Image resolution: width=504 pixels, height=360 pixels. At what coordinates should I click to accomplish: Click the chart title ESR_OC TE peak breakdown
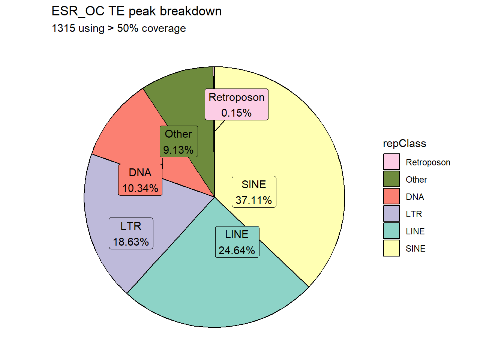click(x=136, y=11)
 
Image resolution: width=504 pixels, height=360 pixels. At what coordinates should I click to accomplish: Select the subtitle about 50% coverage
click(x=119, y=28)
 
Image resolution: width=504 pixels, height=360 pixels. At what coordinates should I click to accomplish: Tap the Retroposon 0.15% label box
click(x=237, y=104)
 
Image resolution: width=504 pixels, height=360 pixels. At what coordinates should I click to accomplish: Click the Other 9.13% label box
click(x=179, y=141)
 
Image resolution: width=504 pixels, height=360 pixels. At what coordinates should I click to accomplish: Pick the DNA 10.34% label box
click(x=140, y=180)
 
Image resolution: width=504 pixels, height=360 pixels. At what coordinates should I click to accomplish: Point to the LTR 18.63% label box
click(x=131, y=233)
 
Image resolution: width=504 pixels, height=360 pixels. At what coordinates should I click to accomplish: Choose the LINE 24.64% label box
click(x=237, y=242)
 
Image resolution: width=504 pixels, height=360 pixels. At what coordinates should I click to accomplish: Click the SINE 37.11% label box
click(x=254, y=192)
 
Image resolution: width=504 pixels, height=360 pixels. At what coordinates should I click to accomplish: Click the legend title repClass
click(x=405, y=144)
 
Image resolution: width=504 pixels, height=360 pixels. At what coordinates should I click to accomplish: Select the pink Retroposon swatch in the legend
click(x=391, y=162)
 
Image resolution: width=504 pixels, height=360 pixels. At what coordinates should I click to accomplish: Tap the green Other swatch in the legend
click(x=391, y=179)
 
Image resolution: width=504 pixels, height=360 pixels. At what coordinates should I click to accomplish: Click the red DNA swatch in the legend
click(x=391, y=196)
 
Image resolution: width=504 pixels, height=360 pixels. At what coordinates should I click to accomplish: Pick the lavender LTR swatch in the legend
click(x=391, y=213)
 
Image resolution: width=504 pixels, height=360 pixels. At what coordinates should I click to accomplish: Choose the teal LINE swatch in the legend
click(x=391, y=231)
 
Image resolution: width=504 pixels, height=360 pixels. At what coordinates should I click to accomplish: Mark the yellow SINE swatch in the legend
click(x=391, y=248)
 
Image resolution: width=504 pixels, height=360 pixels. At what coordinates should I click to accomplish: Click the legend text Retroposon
click(x=428, y=162)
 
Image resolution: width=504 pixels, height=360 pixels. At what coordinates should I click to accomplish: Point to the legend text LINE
click(x=415, y=231)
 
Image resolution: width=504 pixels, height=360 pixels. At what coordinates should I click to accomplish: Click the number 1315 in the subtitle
click(x=63, y=28)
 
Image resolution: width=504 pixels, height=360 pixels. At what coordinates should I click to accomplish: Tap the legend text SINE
click(x=415, y=249)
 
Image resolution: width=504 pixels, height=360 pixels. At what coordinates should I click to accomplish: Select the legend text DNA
click(x=415, y=197)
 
